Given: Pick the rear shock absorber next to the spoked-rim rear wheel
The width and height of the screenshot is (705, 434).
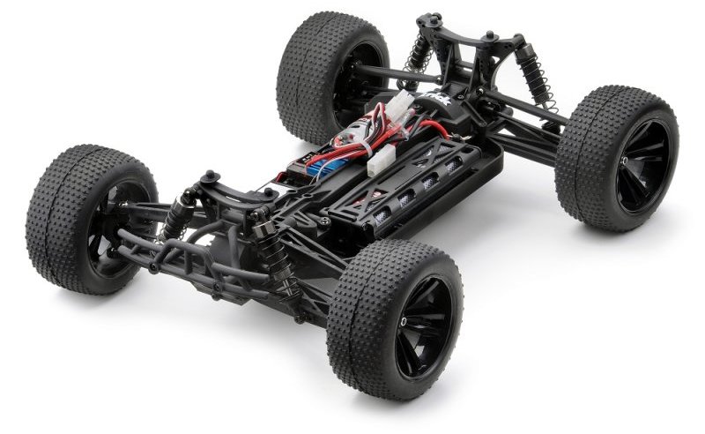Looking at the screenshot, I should coord(533,75).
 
